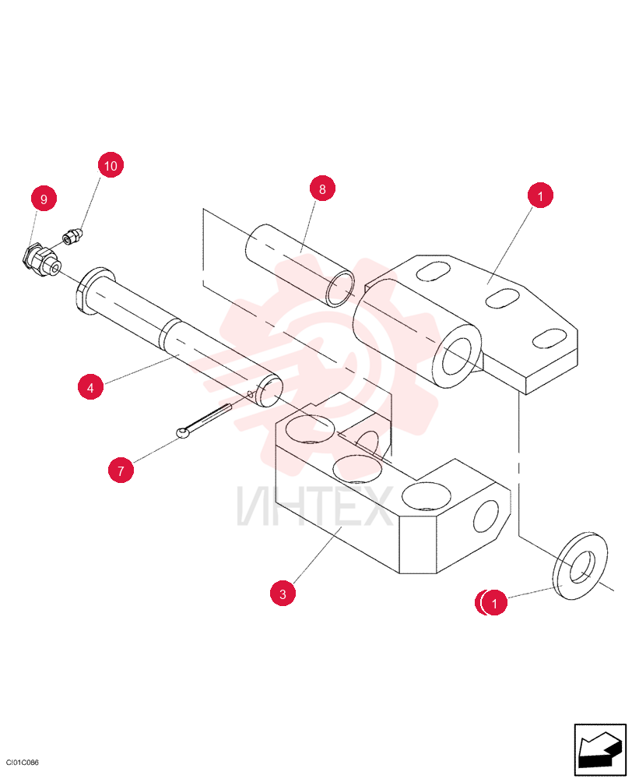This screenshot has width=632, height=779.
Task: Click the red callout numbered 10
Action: pos(111,165)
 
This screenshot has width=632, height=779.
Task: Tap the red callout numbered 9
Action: pos(44,198)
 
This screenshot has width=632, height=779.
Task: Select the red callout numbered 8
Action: pos(322,189)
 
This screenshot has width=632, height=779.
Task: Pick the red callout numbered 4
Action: pos(90,387)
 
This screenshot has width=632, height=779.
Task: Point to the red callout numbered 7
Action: pos(121,470)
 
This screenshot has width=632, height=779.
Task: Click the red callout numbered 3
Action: pos(283,594)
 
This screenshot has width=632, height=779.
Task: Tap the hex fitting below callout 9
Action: pos(41,261)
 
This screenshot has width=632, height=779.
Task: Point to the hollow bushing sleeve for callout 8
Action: pos(300,266)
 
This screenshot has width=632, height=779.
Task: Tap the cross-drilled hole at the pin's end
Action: pos(251,395)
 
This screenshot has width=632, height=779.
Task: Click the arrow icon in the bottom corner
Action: pos(600,749)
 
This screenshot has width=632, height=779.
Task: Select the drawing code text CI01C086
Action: pos(23,763)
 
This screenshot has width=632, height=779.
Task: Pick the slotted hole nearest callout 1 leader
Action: pos(502,298)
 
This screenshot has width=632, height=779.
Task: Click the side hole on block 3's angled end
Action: pos(486,516)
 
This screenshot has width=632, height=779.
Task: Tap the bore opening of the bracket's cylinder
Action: pos(458,357)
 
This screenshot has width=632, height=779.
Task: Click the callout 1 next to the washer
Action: pos(493,603)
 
